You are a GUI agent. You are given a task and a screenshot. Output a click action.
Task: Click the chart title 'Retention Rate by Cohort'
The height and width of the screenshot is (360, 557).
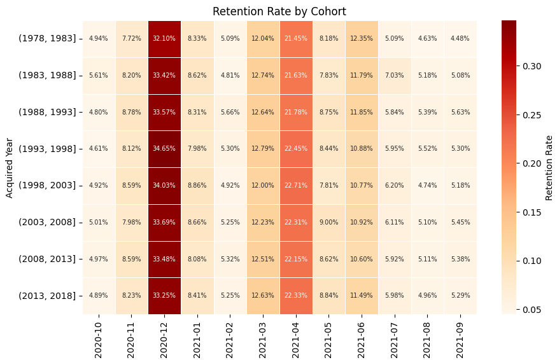point(279,11)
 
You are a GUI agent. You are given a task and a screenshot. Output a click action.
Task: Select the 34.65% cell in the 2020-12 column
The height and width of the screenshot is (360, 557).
point(164,149)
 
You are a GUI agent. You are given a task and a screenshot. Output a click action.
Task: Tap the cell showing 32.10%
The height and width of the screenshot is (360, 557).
point(164,39)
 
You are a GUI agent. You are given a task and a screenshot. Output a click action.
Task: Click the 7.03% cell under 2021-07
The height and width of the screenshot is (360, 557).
point(394,76)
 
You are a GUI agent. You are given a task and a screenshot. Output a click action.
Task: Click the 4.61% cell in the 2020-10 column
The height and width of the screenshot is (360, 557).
point(99,149)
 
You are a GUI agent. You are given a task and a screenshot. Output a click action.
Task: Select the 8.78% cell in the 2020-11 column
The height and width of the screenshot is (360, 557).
point(131,113)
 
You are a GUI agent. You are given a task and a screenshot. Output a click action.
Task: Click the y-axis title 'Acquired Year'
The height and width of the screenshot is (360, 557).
point(10,167)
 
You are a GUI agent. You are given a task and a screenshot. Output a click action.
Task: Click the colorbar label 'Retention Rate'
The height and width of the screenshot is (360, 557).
point(549,167)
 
